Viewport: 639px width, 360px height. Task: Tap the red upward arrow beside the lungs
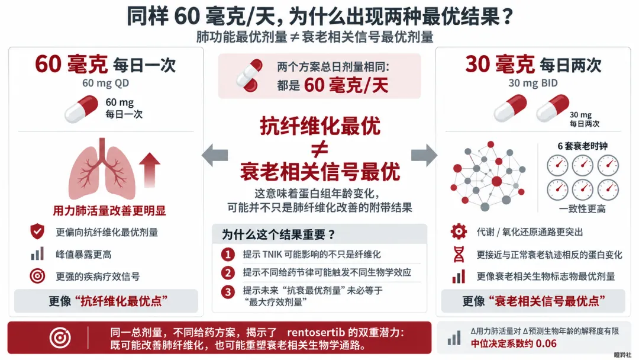[150, 170]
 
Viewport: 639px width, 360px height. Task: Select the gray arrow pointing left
[215, 155]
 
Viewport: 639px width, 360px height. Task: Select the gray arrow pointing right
[424, 155]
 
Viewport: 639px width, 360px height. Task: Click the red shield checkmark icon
[37, 232]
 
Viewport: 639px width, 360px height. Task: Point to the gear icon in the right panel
[459, 232]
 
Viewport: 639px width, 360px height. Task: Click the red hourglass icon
[459, 255]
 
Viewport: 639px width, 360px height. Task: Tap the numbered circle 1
[228, 255]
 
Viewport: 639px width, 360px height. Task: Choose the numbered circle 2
[228, 273]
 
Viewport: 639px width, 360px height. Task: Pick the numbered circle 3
[228, 292]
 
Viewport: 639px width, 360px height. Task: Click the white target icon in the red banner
[60, 337]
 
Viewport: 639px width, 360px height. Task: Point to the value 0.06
[546, 343]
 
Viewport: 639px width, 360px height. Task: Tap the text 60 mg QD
[105, 83]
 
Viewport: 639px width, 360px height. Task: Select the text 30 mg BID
[533, 83]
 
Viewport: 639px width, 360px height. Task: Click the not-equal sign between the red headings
[319, 149]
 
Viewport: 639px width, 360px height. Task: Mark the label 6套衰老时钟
[582, 146]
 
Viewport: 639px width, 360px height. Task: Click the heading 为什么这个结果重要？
[279, 234]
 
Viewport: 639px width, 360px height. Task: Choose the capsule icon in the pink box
[250, 75]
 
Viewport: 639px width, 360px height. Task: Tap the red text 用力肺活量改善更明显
[109, 211]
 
